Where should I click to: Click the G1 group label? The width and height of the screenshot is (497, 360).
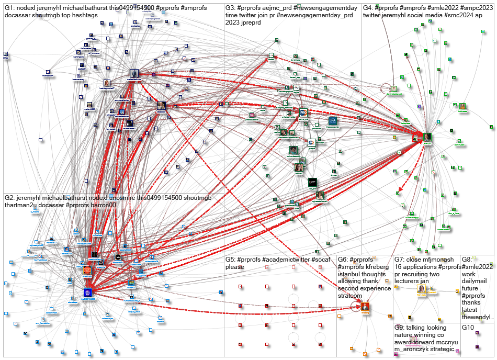(x=10, y=8)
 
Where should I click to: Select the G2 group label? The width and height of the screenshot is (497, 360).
(x=10, y=198)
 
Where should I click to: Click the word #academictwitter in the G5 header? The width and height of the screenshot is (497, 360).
(x=286, y=260)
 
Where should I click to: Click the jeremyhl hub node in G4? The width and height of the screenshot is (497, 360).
(x=418, y=138)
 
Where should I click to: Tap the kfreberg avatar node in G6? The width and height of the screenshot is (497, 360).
(x=365, y=306)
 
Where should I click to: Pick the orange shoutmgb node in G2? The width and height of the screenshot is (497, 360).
(x=87, y=270)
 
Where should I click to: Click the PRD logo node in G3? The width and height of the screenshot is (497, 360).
(x=303, y=112)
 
